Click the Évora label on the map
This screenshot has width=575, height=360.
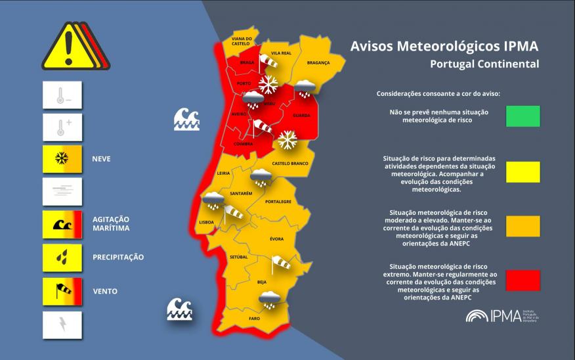click(276, 238)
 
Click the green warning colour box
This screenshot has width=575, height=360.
click(522, 116)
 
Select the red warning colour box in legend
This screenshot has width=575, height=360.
click(522, 280)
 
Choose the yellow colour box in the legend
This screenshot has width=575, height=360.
click(522, 172)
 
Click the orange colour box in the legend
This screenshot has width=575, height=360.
click(522, 226)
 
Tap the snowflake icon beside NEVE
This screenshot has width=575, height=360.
click(62, 158)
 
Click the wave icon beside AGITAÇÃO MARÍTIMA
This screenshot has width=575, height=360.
click(62, 224)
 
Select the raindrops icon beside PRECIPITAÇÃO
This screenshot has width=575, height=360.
click(62, 258)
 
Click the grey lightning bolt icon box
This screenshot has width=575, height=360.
click(62, 325)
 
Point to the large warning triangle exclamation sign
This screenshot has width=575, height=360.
click(68, 47)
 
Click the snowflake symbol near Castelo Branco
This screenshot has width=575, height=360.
click(287, 139)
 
